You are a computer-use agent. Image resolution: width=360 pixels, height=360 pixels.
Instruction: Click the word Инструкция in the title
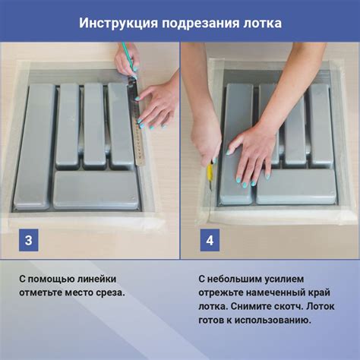click(115, 23)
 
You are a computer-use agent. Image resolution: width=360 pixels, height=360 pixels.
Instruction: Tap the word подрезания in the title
click(195, 23)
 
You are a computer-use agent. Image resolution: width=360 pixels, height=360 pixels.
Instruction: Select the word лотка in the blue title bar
click(261, 23)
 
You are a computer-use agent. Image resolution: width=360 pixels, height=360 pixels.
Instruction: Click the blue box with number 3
click(28, 241)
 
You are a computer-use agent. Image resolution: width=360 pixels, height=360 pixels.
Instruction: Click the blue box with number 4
click(210, 241)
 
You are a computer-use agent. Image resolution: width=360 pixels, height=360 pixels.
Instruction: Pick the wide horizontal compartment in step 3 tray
click(96, 189)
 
